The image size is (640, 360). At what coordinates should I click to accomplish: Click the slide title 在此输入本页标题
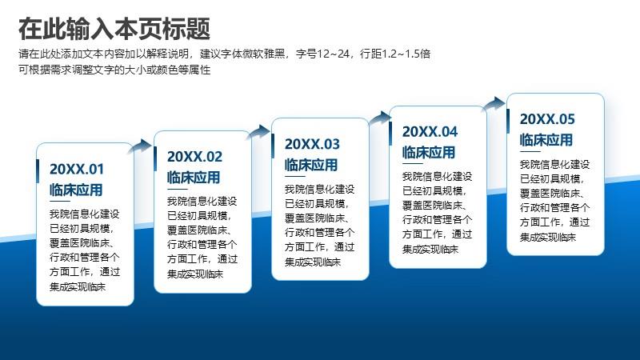(x=114, y=29)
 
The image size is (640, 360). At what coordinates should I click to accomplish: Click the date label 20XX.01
(x=77, y=169)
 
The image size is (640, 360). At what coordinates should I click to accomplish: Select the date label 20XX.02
(x=194, y=156)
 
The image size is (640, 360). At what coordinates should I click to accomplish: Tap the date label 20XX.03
(x=312, y=144)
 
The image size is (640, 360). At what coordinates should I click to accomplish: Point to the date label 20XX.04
(x=430, y=132)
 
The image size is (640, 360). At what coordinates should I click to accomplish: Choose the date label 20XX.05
(x=547, y=119)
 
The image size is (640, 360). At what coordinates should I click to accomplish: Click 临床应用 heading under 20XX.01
(x=76, y=190)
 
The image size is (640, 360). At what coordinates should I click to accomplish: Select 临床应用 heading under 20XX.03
(x=311, y=165)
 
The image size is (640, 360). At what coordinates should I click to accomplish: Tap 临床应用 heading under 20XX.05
(x=546, y=140)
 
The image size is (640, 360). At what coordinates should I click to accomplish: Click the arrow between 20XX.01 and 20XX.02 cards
(x=140, y=146)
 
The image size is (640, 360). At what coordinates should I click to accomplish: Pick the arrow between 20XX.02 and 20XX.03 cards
(x=258, y=132)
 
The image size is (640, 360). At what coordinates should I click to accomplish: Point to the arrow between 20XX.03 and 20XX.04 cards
(x=378, y=118)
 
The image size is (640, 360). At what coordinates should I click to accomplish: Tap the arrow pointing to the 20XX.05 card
(x=493, y=104)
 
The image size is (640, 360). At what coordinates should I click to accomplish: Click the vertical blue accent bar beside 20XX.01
(x=38, y=171)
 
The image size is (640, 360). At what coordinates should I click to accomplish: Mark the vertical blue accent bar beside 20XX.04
(x=390, y=134)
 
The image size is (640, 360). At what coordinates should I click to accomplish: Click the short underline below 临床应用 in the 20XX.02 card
(x=178, y=189)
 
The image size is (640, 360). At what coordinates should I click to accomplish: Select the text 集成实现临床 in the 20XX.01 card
(x=78, y=286)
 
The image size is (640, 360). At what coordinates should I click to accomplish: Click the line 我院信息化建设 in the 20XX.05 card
(x=554, y=165)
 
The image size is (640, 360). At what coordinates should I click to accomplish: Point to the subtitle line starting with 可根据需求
(x=114, y=70)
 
